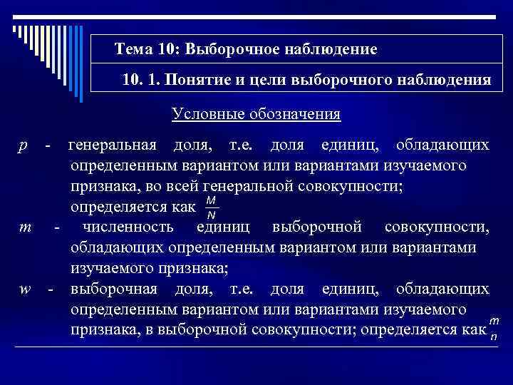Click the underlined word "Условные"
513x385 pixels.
click(202, 114)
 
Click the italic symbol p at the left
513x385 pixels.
click(24, 146)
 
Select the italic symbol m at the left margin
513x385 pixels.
click(26, 228)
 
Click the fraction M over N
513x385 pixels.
click(211, 208)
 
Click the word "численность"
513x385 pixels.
click(128, 228)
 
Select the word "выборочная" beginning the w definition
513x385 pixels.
click(113, 289)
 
